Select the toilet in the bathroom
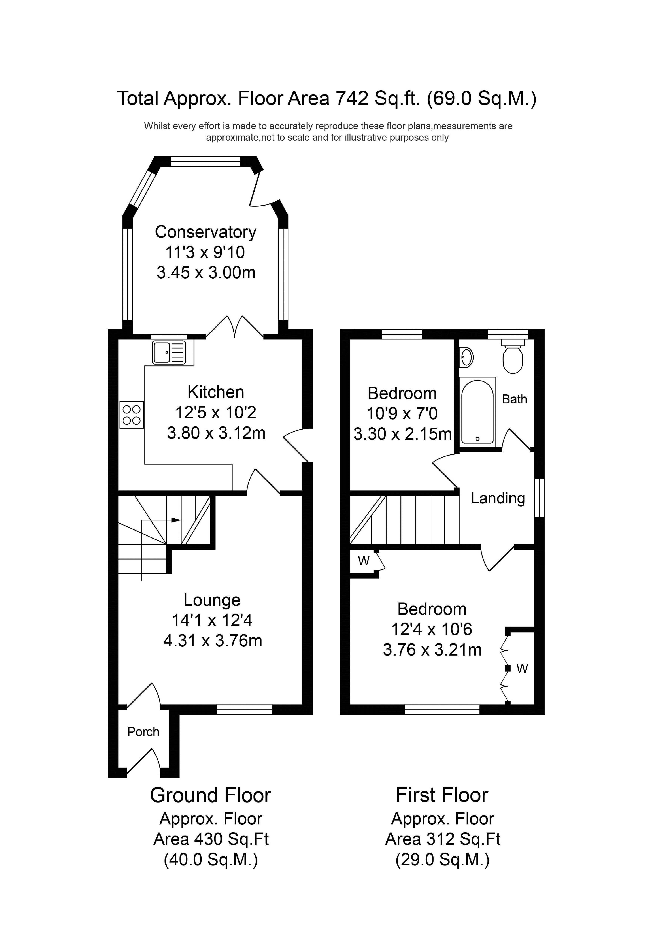512,356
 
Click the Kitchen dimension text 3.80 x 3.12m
216,433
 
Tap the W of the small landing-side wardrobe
363,561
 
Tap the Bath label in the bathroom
514,399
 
